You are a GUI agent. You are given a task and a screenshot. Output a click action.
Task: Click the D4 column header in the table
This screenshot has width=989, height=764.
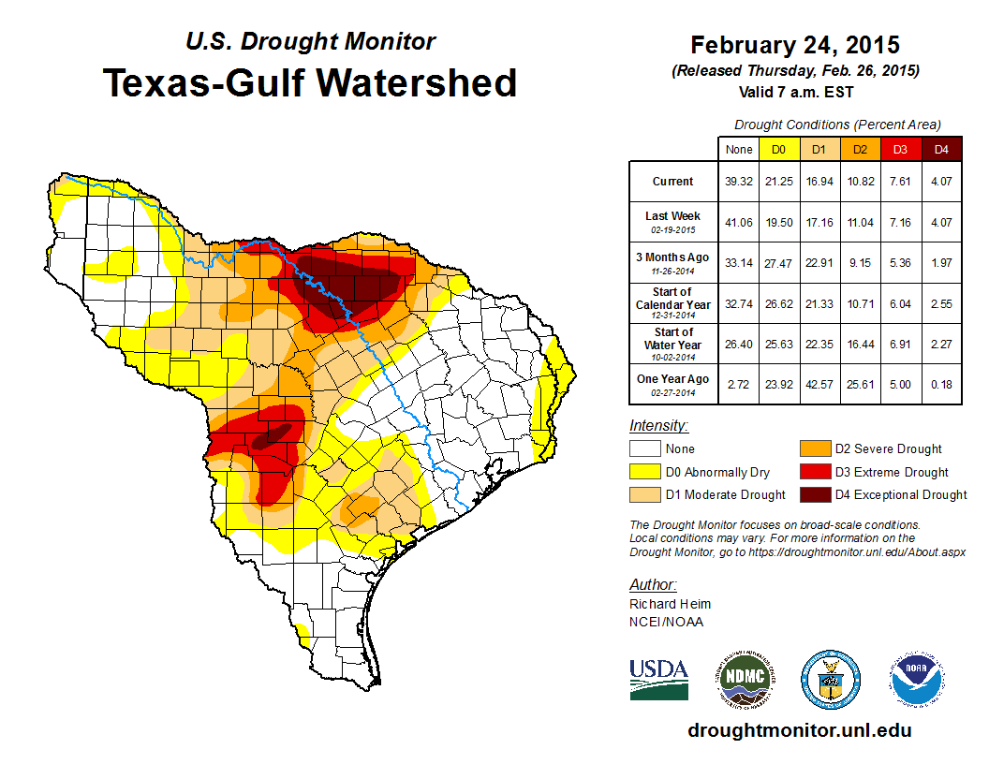pos(941,149)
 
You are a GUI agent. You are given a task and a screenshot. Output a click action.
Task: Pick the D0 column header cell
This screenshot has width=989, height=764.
pos(778,149)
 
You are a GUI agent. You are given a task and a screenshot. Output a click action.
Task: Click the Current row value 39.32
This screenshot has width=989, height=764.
pos(738,182)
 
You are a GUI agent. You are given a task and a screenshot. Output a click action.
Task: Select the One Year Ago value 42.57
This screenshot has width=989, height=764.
pos(819,379)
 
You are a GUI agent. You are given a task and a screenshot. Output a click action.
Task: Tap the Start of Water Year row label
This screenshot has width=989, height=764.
pos(673,338)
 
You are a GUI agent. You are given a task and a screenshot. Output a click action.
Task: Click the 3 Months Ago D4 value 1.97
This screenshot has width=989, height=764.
pos(941,257)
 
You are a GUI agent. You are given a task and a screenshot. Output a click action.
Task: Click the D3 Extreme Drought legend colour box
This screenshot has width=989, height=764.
pos(813,472)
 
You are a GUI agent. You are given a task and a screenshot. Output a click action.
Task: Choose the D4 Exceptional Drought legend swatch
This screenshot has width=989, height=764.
pos(813,494)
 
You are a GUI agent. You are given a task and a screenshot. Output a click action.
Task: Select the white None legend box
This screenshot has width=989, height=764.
pos(642,449)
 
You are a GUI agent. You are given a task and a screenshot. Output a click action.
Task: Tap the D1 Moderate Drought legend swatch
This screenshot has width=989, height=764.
pos(642,494)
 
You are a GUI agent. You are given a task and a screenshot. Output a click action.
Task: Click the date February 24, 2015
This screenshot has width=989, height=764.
pos(795,45)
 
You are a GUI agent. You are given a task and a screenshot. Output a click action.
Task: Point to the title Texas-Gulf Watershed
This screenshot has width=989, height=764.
pos(310,82)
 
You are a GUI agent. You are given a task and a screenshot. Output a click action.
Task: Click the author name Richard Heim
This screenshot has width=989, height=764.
pos(670,604)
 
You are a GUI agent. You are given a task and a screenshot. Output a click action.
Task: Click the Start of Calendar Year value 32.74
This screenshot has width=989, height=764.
pos(738,299)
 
